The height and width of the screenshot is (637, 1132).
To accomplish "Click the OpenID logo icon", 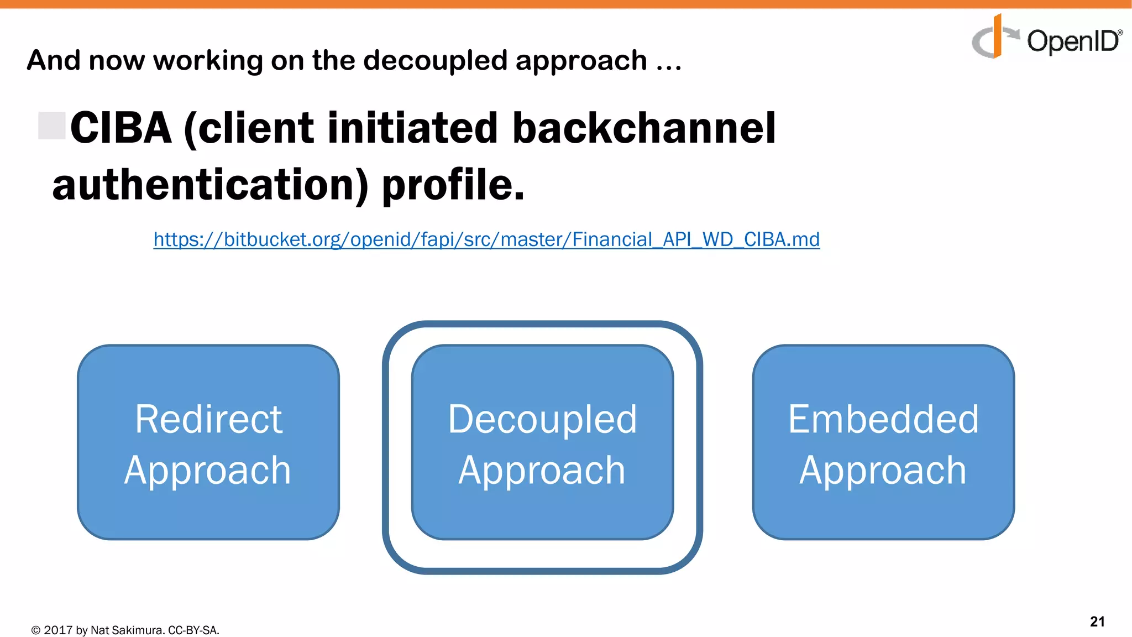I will tap(993, 38).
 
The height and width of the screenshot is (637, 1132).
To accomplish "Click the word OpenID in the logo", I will tap(1072, 41).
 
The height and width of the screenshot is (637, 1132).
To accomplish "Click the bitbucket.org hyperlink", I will tap(486, 239).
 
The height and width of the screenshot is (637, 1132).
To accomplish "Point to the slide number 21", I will tap(1097, 622).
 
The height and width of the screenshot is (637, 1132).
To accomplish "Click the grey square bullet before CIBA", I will tap(52, 126).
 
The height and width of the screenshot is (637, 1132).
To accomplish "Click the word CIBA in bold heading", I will tap(121, 128).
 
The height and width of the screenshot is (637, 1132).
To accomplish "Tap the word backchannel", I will tap(644, 128).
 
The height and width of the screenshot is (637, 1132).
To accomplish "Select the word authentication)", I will tap(210, 185).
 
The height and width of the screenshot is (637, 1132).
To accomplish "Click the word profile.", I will tap(453, 185).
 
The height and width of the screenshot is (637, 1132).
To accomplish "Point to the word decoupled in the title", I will tap(435, 60).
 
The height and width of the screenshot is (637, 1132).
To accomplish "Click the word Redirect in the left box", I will tap(208, 419).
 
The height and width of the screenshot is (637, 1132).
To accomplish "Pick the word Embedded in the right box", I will tap(883, 419).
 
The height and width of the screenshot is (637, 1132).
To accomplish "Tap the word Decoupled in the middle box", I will tap(542, 419).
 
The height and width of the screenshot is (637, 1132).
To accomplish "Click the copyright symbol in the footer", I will tap(36, 630).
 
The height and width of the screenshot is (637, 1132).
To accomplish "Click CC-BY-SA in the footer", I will tap(193, 630).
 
